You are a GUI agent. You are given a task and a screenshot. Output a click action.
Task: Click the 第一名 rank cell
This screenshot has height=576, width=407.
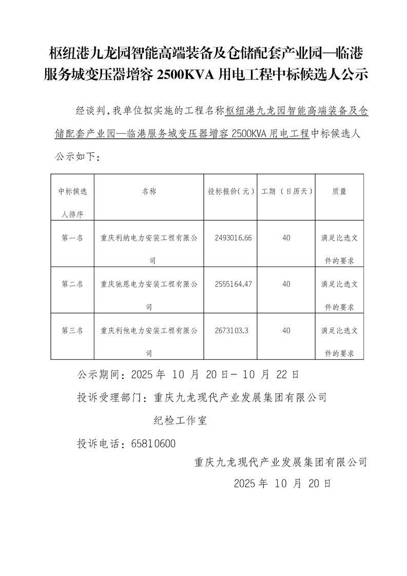point(72,238)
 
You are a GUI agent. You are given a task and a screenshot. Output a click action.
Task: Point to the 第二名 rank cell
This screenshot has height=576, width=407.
point(72,284)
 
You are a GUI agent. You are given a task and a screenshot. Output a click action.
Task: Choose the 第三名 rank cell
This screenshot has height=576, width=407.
point(72,331)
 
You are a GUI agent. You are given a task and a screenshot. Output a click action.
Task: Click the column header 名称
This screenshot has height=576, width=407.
point(149,191)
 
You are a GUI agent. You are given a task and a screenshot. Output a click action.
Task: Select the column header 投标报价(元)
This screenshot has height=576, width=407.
point(231,191)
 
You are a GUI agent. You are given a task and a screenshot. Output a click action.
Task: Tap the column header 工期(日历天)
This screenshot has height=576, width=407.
point(287,191)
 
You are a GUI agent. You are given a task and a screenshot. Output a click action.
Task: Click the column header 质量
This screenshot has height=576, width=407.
point(339,191)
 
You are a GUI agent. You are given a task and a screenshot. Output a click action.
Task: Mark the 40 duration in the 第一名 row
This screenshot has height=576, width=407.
point(286,238)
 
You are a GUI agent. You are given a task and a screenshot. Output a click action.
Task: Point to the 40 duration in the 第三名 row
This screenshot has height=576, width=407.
point(286,331)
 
